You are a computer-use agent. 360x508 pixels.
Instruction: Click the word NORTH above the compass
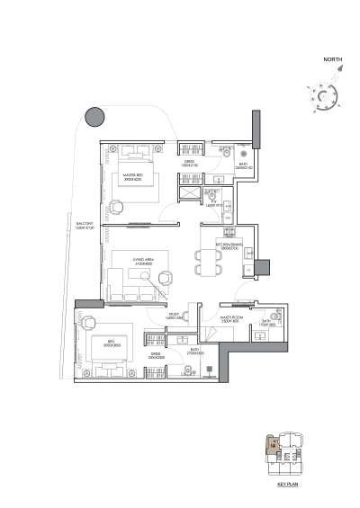point(333,61)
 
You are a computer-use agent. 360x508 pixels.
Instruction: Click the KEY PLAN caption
point(288,483)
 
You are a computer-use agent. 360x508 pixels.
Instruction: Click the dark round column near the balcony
point(92,116)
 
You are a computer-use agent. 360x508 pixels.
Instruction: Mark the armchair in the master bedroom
point(118,206)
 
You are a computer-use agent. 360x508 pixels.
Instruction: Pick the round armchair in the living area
point(165,278)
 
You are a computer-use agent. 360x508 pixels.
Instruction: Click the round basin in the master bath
point(244,151)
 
